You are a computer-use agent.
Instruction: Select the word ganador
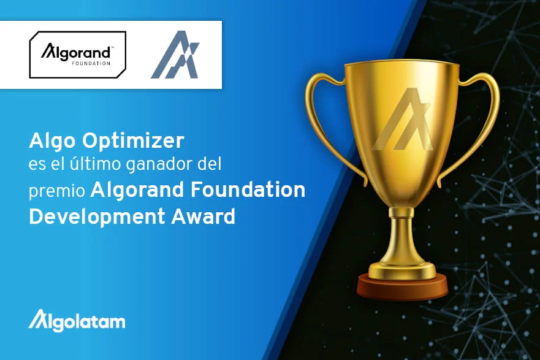(x=159, y=165)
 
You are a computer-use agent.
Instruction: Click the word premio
(x=57, y=191)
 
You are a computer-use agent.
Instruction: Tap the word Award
(x=203, y=217)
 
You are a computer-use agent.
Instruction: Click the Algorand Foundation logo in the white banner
(x=78, y=55)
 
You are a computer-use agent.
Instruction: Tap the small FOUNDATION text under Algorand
(x=91, y=63)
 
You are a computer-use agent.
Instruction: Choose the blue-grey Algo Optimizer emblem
(x=175, y=55)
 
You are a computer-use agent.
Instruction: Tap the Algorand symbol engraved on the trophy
(x=402, y=119)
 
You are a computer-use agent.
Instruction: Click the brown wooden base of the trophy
(x=402, y=287)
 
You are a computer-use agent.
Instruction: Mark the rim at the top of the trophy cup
(x=402, y=66)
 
